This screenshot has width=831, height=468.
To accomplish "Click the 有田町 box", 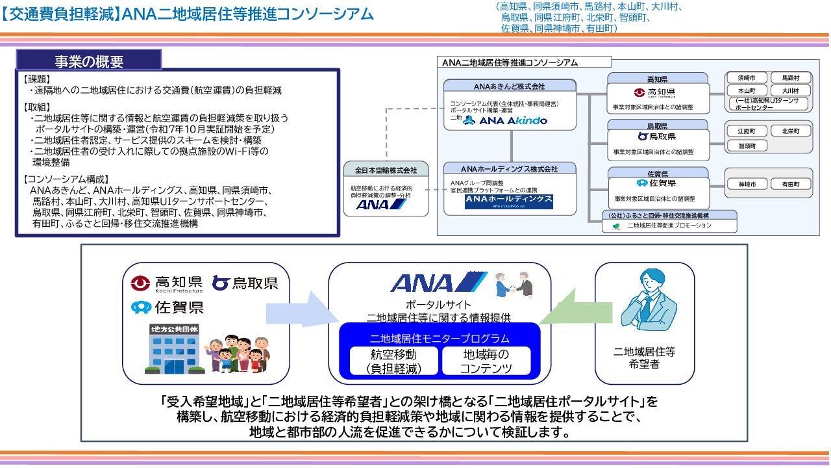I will click(x=790, y=184).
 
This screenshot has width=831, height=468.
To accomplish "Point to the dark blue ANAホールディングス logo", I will click(x=509, y=201).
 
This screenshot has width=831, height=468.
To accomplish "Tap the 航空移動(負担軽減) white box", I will click(x=393, y=361).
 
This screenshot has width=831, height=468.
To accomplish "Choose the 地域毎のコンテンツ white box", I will click(x=486, y=361).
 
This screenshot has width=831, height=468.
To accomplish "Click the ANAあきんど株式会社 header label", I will click(x=510, y=86).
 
